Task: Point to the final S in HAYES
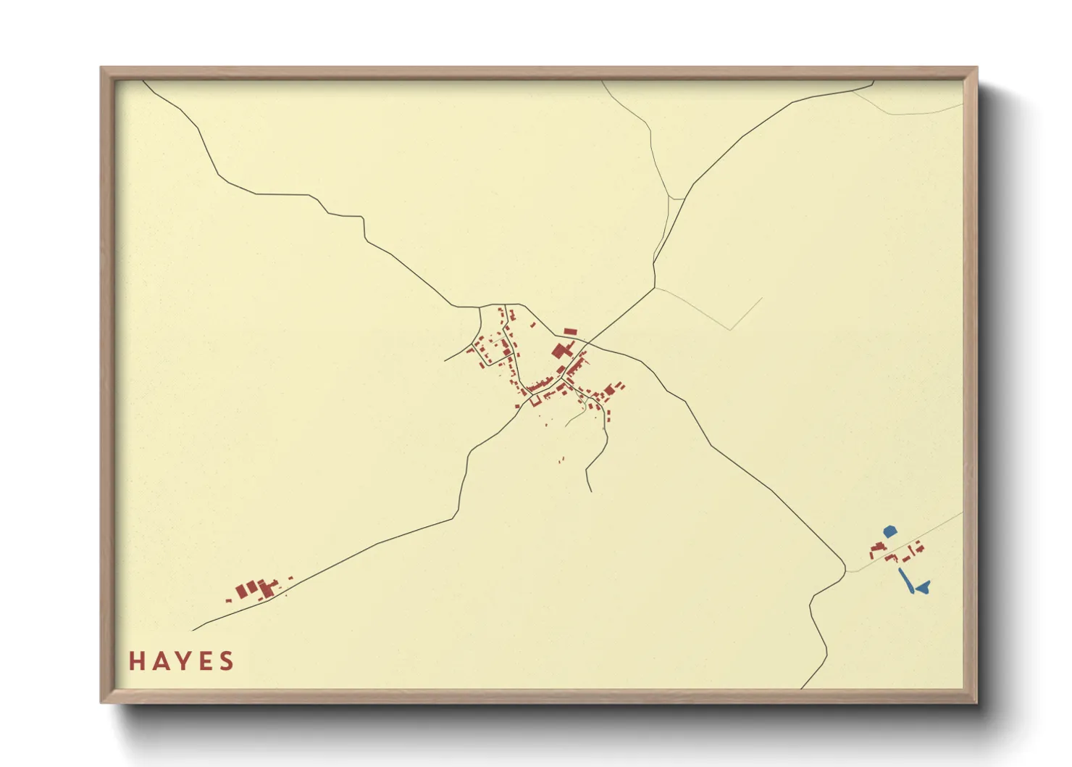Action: pyautogui.click(x=227, y=661)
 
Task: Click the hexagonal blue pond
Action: pyautogui.click(x=890, y=531)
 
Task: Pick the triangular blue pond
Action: pyautogui.click(x=923, y=586)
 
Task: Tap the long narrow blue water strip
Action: pyautogui.click(x=905, y=581)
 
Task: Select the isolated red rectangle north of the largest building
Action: pyautogui.click(x=570, y=332)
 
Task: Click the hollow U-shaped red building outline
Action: pyautogui.click(x=537, y=398)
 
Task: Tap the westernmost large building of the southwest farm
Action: pyautogui.click(x=242, y=591)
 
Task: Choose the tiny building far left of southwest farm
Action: pyautogui.click(x=228, y=600)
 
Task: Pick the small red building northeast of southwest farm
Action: pyautogui.click(x=290, y=578)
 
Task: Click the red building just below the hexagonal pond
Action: pyautogui.click(x=880, y=546)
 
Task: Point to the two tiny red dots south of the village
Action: pyautogui.click(x=561, y=460)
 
